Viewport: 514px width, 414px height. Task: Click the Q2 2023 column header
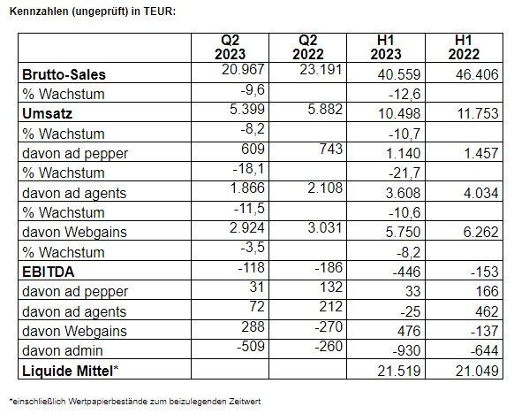click(230, 47)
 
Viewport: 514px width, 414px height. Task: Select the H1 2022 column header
click(464, 47)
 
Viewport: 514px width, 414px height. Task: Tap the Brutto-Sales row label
click(64, 74)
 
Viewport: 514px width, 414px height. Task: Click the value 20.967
click(243, 69)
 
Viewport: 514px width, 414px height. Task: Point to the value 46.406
click(477, 74)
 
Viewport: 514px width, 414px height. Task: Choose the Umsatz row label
click(47, 113)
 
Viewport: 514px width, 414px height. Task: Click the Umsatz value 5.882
click(325, 109)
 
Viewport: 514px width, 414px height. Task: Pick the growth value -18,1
click(248, 169)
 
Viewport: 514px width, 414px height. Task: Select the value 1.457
click(481, 153)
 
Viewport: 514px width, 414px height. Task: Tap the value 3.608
click(404, 193)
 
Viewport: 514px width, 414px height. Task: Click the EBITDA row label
click(49, 272)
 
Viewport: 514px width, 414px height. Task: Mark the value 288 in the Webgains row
click(253, 326)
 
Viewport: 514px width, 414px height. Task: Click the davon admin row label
click(63, 350)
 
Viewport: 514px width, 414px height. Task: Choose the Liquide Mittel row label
click(70, 371)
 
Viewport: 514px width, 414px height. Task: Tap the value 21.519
click(399, 371)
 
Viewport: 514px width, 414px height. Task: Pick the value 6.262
click(481, 232)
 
